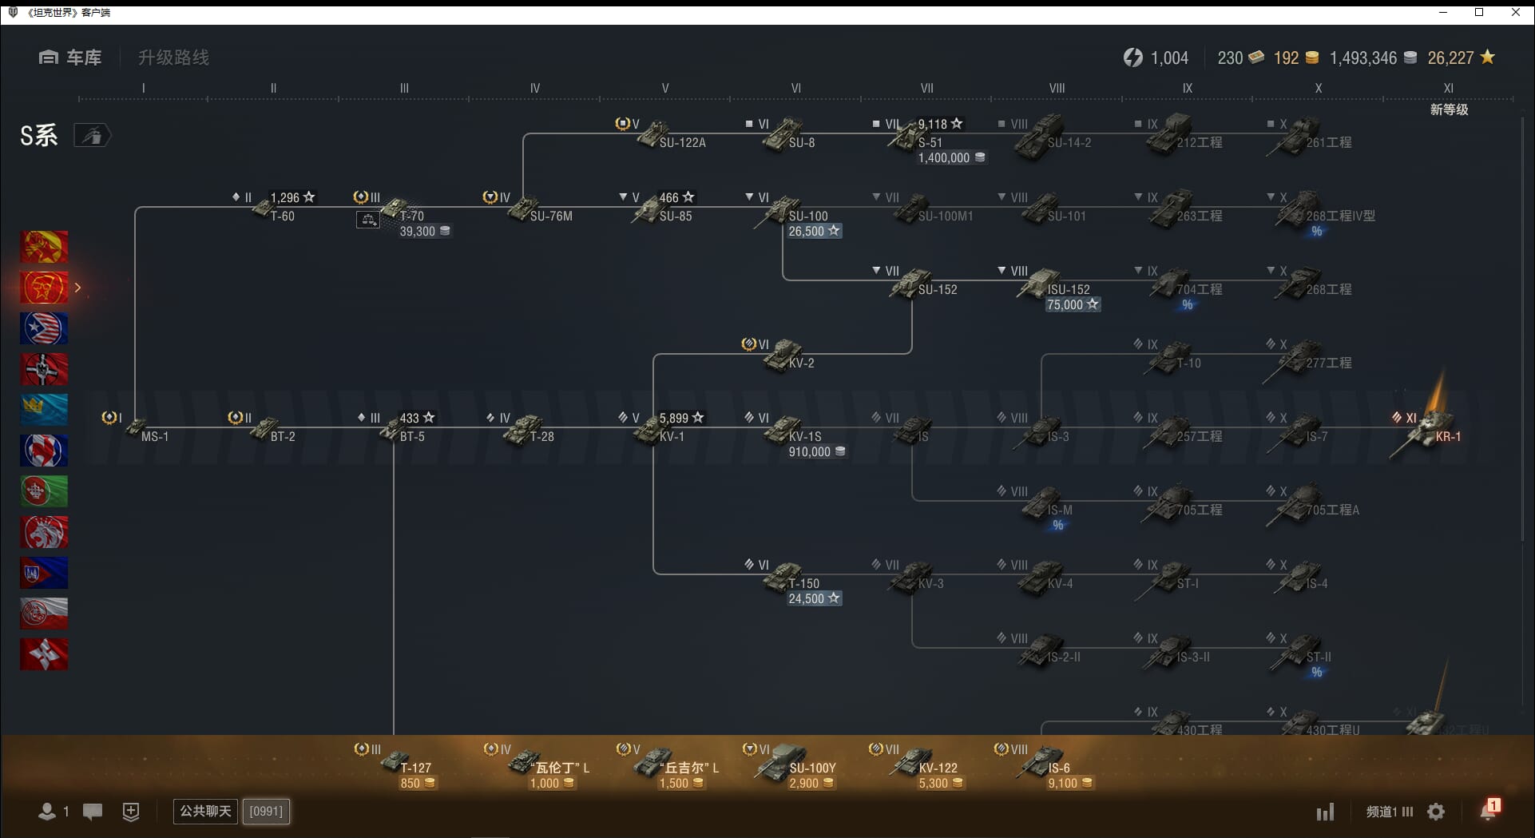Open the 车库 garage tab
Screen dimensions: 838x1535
[x=71, y=58]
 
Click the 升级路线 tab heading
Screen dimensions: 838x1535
[x=173, y=58]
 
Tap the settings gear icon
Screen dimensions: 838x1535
[x=1436, y=812]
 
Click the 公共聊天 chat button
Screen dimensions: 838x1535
[x=205, y=812]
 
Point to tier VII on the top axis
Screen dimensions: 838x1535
[x=926, y=89]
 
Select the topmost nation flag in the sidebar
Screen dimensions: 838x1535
[x=44, y=247]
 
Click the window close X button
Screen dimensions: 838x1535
[x=1515, y=12]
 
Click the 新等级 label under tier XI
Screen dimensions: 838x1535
[x=1449, y=109]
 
